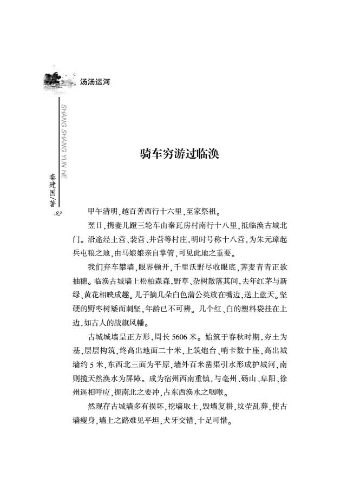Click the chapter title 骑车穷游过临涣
click(180, 154)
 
